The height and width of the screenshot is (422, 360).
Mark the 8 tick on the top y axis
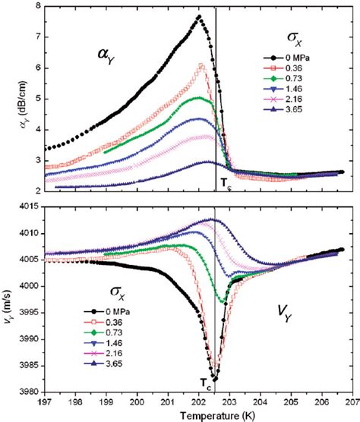point(35,7)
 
